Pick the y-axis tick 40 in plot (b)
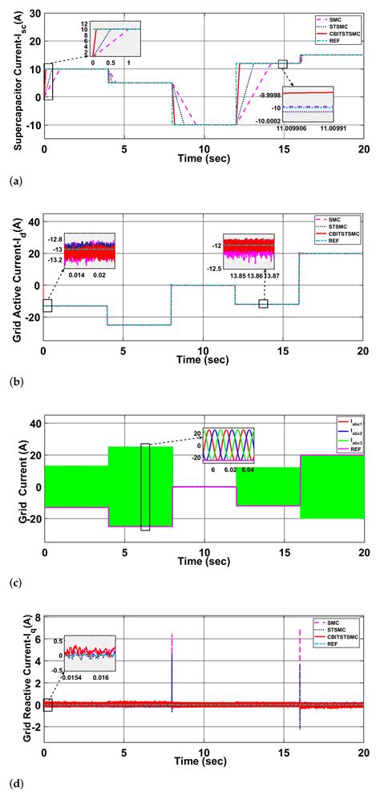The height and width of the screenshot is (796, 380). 33,221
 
